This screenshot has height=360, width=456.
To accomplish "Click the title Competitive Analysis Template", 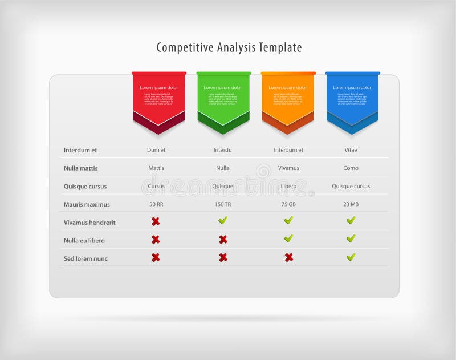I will click(x=229, y=47).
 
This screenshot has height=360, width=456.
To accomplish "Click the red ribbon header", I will click(x=159, y=97).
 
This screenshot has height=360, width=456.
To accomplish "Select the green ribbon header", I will click(x=223, y=97).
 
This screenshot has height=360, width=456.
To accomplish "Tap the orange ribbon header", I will click(x=288, y=97).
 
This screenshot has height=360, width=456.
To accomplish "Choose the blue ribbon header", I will click(x=352, y=97).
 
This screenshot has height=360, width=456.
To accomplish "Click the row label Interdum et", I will click(x=80, y=150).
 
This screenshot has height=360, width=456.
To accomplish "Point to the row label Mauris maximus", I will click(x=87, y=204).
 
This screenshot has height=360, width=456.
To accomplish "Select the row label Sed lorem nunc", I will click(x=85, y=258).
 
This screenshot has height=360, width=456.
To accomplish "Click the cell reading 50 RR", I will click(x=156, y=204).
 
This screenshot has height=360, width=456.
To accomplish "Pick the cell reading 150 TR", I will click(x=223, y=204).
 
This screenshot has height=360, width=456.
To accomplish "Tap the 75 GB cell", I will click(x=288, y=204).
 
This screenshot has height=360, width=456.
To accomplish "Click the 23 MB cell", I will click(x=351, y=204).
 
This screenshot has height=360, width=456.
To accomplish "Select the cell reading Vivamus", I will click(x=288, y=168).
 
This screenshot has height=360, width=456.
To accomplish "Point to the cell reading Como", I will click(x=351, y=168).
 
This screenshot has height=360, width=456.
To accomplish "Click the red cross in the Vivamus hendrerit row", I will click(x=156, y=221).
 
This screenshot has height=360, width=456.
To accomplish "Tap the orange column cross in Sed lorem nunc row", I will click(x=289, y=257).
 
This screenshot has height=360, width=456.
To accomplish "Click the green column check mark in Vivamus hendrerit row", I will click(x=223, y=220).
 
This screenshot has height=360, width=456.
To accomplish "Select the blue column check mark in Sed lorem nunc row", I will click(x=351, y=257).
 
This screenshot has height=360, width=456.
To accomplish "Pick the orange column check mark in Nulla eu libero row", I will click(x=289, y=238).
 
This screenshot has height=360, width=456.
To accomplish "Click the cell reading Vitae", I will click(x=351, y=150).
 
